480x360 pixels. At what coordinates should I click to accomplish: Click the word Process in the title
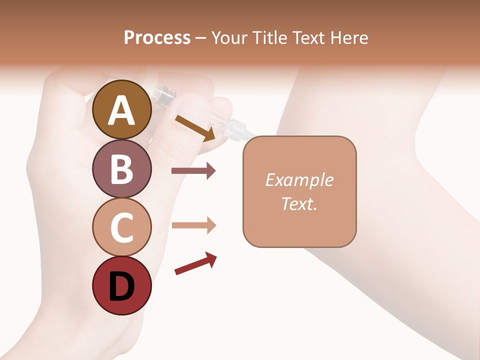[x=157, y=38]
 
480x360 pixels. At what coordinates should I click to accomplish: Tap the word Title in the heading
[x=269, y=38]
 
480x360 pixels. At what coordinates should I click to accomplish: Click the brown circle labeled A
[x=122, y=109]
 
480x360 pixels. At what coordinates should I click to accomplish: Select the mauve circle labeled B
[x=122, y=168]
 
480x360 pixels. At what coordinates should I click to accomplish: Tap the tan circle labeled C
[x=122, y=227]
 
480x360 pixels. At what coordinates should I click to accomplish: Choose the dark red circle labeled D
[x=122, y=285]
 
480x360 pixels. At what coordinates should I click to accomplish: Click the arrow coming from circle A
[x=195, y=128]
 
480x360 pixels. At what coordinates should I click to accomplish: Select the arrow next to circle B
[x=193, y=171]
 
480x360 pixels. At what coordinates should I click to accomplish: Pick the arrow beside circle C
[x=193, y=225]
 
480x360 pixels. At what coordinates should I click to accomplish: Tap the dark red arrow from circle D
[x=195, y=264]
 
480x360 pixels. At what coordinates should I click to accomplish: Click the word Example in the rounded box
[x=299, y=180]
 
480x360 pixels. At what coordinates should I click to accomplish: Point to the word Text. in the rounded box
[x=299, y=204]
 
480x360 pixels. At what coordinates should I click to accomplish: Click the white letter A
[x=122, y=110]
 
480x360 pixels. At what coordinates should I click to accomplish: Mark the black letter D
[x=122, y=286]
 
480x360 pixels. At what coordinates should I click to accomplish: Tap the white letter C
[x=122, y=227]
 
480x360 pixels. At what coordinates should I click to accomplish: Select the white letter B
[x=122, y=169]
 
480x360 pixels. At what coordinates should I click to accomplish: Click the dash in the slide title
[x=201, y=38]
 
